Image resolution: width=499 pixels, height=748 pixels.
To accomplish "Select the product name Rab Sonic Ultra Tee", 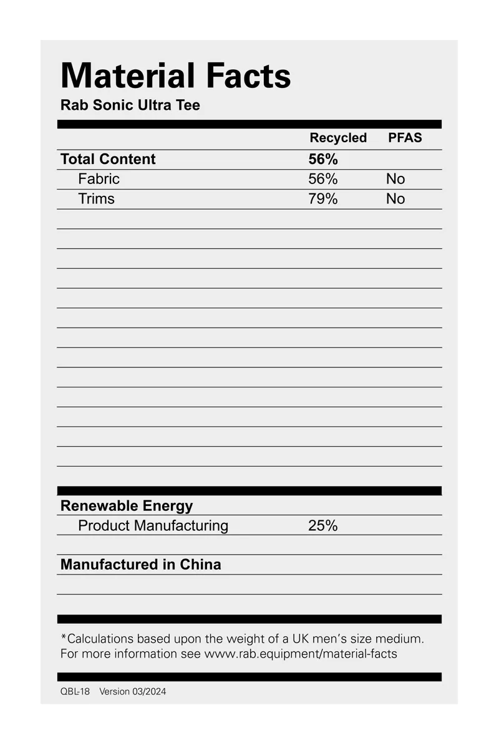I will [130, 105].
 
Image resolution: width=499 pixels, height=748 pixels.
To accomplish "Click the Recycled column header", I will [338, 138].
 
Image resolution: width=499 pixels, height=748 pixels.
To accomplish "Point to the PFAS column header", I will [405, 138].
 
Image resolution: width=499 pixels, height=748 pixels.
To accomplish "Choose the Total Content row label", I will [108, 159].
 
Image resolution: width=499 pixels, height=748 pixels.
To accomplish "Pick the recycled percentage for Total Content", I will [322, 159].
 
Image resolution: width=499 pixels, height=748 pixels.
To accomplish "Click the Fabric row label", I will [99, 179].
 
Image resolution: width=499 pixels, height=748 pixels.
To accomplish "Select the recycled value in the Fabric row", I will [322, 179].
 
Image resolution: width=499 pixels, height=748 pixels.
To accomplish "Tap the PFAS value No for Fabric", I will [395, 179].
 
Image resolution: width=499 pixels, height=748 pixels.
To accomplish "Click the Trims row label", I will [96, 199].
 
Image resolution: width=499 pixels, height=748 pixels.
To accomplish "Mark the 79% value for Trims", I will [322, 199].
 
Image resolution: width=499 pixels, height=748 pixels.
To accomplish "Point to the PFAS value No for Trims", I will [395, 199].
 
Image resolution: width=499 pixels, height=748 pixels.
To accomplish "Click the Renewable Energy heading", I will [127, 506].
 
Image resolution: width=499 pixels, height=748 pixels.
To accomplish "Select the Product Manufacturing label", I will [153, 526].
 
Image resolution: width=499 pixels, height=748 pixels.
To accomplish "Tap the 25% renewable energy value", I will [322, 526].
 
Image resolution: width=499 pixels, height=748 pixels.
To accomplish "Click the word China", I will [200, 565].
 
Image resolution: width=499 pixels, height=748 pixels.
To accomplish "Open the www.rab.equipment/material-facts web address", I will [301, 654].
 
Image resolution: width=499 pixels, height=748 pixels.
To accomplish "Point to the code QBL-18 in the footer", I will [75, 691].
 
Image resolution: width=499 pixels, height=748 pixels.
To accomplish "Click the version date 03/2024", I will [149, 691].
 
